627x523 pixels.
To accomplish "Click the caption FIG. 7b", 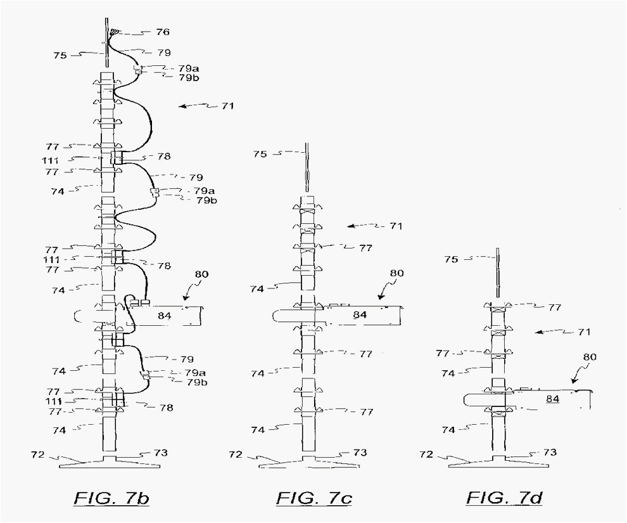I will coord(112,498).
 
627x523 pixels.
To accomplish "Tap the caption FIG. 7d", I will coord(505,498).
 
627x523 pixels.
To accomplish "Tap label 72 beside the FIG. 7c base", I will coord(235,454).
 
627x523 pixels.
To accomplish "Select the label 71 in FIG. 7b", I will coord(227,106).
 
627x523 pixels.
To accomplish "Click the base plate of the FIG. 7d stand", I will coord(497,462).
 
